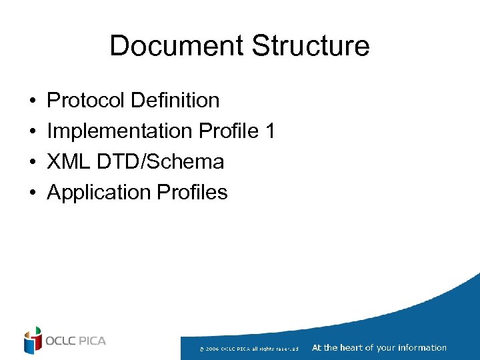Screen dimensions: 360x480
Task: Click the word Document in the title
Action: click(x=176, y=46)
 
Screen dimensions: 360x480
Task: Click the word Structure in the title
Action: click(x=311, y=46)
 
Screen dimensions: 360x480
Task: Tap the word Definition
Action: click(x=175, y=101)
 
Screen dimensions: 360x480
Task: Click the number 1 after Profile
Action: click(x=269, y=131)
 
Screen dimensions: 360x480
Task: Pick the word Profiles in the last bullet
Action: click(x=192, y=193)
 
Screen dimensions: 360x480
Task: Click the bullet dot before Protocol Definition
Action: click(x=32, y=101)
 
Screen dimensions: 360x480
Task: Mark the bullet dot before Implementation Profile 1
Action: click(x=32, y=132)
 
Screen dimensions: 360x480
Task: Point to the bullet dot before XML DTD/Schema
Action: click(x=32, y=163)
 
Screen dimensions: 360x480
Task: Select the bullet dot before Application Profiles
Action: click(x=32, y=193)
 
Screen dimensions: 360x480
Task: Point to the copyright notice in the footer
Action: click(x=248, y=348)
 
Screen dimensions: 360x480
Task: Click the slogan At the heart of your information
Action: click(x=379, y=347)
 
